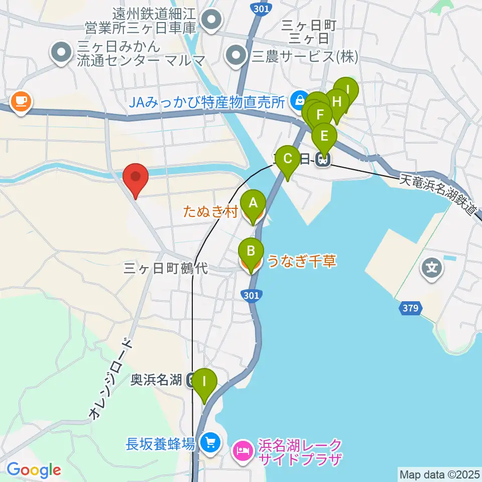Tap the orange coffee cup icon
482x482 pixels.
pos(21,102)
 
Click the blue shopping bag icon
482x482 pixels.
pos(300,99)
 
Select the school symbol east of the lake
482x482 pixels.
pos(432,267)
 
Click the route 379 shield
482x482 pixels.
pos(410,308)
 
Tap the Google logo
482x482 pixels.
pos(34,470)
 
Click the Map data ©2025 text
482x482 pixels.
pos(439,473)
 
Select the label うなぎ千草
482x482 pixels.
pos(301,261)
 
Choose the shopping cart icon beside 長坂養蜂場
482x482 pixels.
pos(208,442)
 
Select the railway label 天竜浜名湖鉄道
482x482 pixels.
pos(438,193)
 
